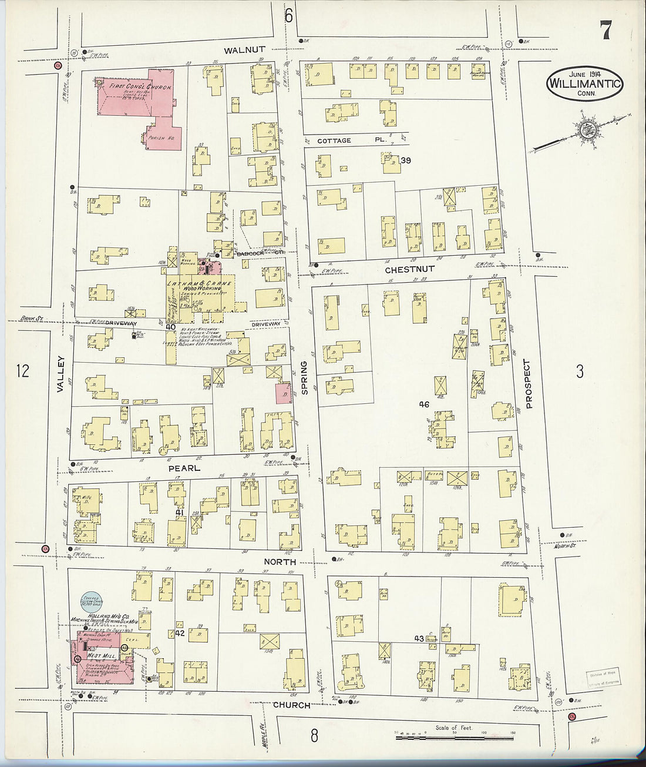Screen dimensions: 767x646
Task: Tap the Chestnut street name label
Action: coord(409,269)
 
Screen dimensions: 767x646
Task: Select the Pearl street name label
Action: coord(184,468)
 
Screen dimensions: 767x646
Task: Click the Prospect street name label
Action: coord(528,384)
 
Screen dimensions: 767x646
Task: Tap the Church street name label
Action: coord(291,705)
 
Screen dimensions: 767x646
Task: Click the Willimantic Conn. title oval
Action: coord(584,85)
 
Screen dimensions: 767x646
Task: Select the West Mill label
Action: coord(101,655)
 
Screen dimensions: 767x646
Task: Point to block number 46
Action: coord(424,404)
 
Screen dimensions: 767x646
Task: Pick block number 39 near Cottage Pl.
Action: coord(405,160)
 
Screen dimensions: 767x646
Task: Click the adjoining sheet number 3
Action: coord(580,371)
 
